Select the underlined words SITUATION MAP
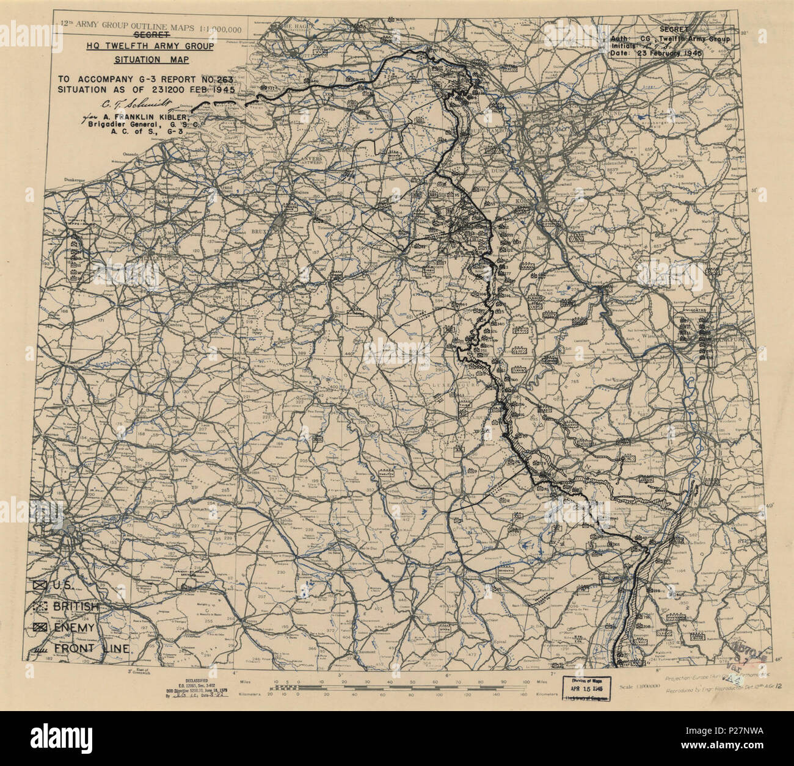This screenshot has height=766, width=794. (152, 60)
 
